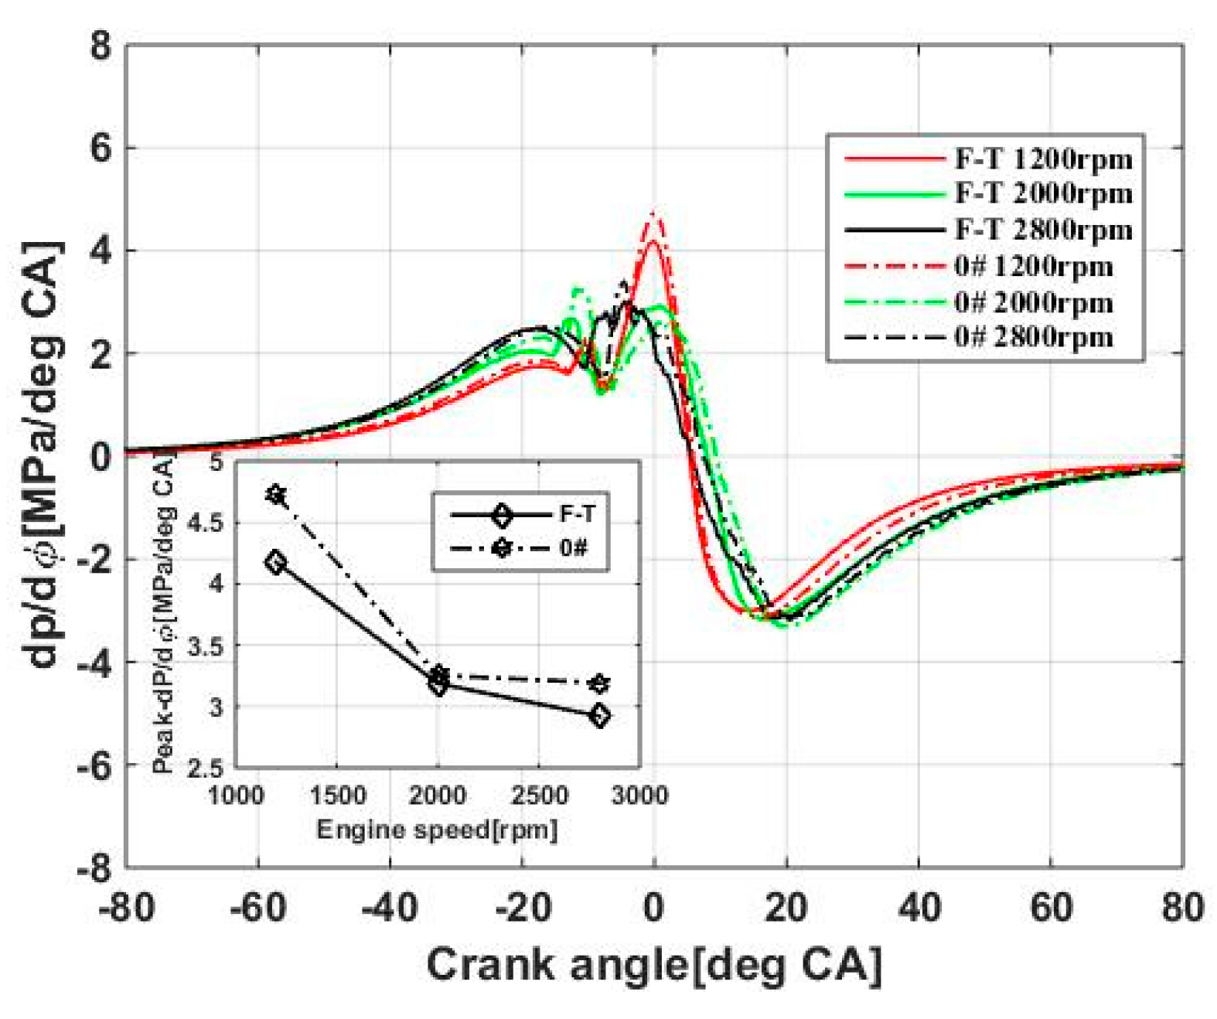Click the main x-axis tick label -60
(257, 906)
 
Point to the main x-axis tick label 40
(919, 906)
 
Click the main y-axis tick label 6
(101, 148)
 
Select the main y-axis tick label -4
(94, 663)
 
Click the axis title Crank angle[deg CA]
(654, 966)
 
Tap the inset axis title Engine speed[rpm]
(437, 830)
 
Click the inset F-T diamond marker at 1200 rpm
(275, 562)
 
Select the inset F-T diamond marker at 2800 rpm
(599, 715)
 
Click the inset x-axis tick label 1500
(337, 795)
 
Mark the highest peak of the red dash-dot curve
(655, 213)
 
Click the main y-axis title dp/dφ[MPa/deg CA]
(44, 456)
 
